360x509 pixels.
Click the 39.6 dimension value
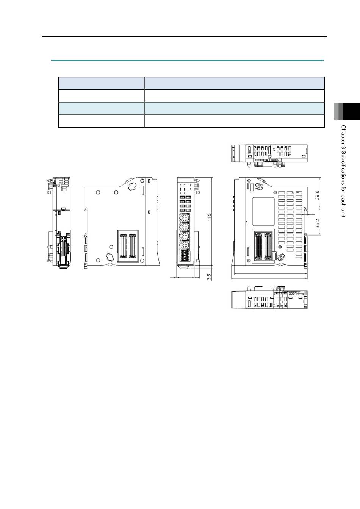(317, 195)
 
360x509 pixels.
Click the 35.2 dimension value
(317, 223)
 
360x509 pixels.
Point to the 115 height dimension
(209, 217)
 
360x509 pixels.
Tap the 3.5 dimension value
(209, 276)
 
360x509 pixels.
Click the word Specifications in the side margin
(343, 167)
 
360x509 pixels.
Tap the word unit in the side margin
(343, 212)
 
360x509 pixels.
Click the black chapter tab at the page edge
(351, 111)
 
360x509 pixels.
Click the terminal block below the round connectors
(185, 255)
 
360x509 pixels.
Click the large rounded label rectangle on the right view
(263, 212)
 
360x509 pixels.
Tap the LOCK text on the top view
(273, 160)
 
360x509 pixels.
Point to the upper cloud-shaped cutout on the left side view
(132, 187)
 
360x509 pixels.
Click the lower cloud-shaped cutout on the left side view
(110, 257)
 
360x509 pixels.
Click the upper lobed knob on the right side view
(258, 187)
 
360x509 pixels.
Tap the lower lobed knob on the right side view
(281, 257)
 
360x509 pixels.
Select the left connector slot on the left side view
(123, 246)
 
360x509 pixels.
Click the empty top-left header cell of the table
(101, 83)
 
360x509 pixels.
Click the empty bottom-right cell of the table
(234, 121)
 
